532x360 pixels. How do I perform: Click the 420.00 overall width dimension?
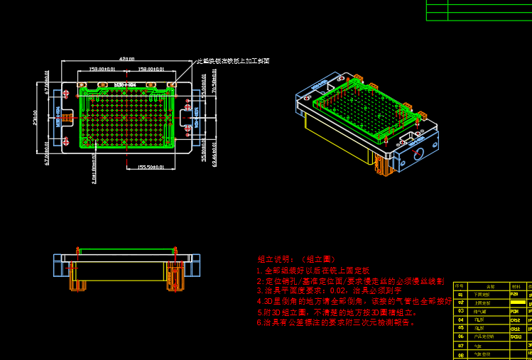tap(127, 58)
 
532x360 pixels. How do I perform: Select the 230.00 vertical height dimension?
tap(36, 117)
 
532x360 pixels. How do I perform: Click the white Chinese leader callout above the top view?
tap(232, 61)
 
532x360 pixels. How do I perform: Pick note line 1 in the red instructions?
tap(313, 271)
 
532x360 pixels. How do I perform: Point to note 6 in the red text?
tap(335, 322)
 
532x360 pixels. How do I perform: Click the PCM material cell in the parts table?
tap(514, 310)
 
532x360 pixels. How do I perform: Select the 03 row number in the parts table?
tap(460, 310)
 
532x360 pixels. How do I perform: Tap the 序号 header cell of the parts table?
tap(460, 286)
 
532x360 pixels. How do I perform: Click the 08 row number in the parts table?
tap(460, 354)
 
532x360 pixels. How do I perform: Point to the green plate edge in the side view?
tap(128, 250)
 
